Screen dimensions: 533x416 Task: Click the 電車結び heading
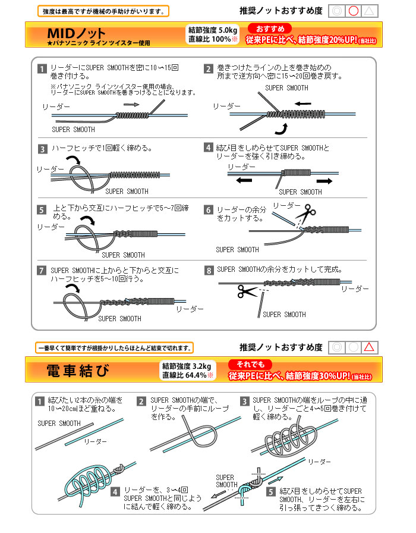coord(78,371)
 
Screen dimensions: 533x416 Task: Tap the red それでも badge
coord(250,364)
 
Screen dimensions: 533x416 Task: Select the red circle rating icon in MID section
coord(353,11)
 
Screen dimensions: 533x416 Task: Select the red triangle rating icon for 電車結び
coord(369,347)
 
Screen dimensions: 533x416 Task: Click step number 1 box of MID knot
coord(42,68)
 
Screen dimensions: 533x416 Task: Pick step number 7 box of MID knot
coord(42,271)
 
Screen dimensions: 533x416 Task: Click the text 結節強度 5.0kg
coord(212,30)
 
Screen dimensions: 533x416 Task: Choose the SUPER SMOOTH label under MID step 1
coord(73,129)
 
